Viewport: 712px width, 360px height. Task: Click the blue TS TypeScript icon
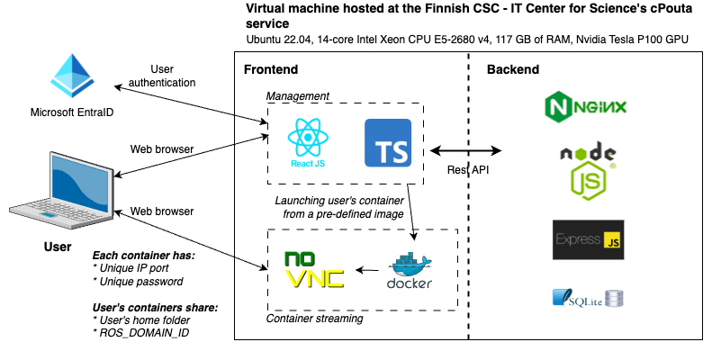[x=388, y=143]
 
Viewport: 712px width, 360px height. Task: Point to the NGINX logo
[x=585, y=107]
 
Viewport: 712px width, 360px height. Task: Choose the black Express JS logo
[x=587, y=240]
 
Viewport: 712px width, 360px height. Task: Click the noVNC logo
[x=313, y=269]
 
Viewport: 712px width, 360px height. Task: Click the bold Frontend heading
[x=271, y=70]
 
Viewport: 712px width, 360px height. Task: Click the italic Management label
[x=297, y=95]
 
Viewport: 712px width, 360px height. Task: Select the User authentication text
[x=161, y=76]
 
